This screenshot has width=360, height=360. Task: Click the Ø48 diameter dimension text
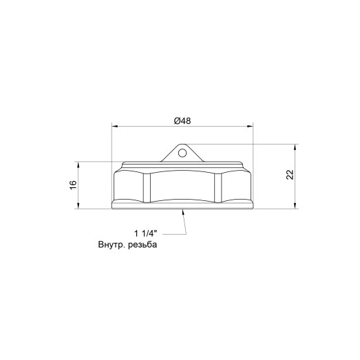click(x=182, y=120)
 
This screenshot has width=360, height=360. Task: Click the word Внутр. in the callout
click(x=112, y=245)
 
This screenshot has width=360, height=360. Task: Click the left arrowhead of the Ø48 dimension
click(x=114, y=127)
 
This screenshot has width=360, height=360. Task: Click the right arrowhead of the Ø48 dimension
click(x=250, y=127)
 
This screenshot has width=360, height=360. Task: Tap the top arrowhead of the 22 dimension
click(x=296, y=147)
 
